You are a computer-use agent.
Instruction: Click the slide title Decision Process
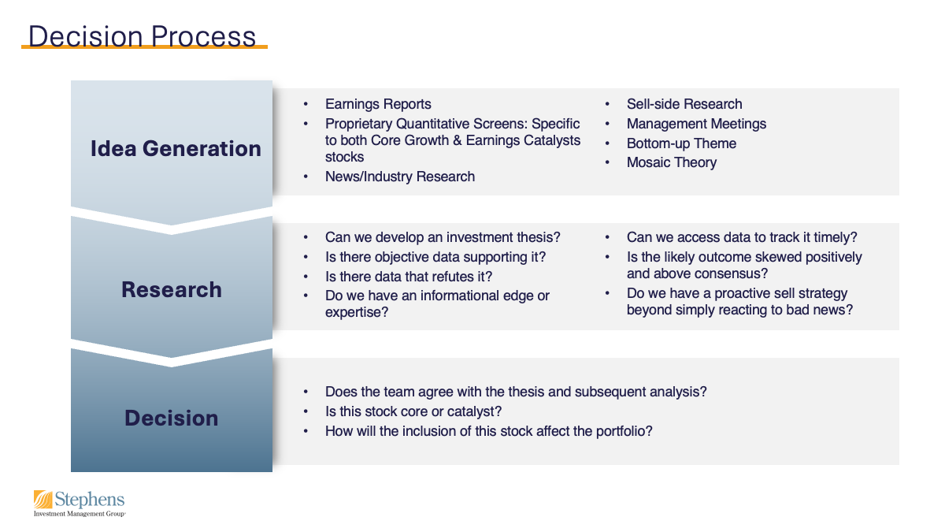[143, 36]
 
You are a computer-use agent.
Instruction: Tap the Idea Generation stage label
[176, 148]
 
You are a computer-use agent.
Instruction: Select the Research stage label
[172, 289]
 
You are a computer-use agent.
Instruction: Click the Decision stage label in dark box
[172, 418]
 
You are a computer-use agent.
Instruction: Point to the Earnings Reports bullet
[378, 104]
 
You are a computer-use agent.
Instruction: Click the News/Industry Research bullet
[399, 177]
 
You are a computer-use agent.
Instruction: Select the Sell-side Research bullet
[684, 104]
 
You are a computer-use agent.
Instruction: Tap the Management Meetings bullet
[696, 124]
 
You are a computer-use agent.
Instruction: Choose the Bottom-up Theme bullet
[681, 143]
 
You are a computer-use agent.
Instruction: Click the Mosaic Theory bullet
[671, 162]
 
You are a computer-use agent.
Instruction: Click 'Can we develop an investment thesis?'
[443, 237]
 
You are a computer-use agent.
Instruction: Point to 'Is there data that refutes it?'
[408, 277]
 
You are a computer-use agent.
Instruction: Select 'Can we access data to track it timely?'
[741, 237]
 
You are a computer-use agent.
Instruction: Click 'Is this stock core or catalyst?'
[413, 411]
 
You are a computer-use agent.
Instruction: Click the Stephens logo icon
[43, 499]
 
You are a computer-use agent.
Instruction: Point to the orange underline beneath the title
[144, 47]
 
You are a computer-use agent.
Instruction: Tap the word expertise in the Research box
[355, 312]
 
